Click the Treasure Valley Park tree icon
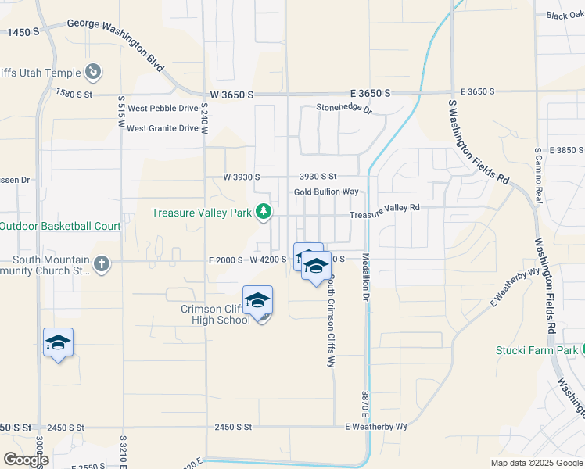(x=264, y=212)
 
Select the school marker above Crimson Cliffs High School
(x=257, y=301)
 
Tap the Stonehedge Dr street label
(x=343, y=109)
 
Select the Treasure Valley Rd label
(x=385, y=211)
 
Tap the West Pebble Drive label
(x=163, y=109)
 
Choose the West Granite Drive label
(x=163, y=128)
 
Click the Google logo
(x=27, y=460)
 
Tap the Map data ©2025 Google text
(x=536, y=463)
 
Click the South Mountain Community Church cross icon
(x=101, y=264)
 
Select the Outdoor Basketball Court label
(x=60, y=227)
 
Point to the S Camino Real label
(x=538, y=176)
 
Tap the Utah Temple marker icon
(x=93, y=73)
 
